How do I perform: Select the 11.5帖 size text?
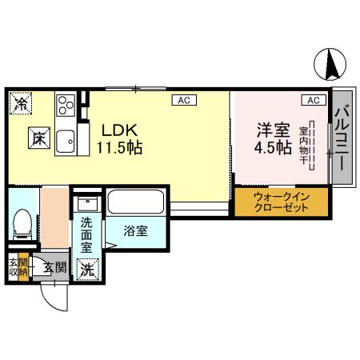(120, 148)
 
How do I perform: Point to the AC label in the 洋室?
(313, 100)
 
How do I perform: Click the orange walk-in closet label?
(280, 202)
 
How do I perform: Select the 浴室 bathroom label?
(135, 231)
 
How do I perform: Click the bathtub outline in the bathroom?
(135, 204)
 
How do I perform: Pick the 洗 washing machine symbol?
(86, 269)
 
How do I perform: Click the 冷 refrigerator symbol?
(21, 102)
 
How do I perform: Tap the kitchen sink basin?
(65, 138)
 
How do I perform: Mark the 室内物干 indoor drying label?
(304, 144)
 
